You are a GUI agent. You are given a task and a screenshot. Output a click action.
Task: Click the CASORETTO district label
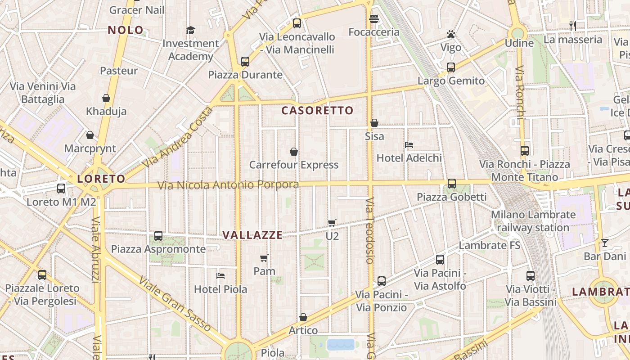tap(317, 111)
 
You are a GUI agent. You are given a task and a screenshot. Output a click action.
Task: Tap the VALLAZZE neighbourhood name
tap(252, 235)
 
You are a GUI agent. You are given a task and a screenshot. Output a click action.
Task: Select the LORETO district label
tap(101, 179)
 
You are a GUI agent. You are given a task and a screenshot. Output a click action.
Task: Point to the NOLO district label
tap(126, 31)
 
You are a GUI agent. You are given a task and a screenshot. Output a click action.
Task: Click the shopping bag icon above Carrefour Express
tap(294, 152)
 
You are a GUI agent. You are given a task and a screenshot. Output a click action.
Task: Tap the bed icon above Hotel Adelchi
tap(409, 145)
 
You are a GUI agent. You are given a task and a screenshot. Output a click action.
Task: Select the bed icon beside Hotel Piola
tap(220, 276)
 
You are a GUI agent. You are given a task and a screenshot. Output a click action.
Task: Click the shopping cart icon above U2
tap(332, 223)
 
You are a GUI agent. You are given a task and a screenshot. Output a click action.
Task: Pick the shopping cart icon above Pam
tap(264, 258)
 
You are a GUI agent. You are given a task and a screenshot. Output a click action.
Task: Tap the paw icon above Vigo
tap(450, 34)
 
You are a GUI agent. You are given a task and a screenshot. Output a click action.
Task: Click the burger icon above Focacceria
tap(373, 19)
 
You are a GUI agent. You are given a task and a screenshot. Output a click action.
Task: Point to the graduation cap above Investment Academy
tap(191, 30)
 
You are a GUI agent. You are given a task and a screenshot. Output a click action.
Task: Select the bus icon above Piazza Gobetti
tap(452, 184)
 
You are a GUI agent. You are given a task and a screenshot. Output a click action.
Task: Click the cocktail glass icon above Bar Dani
tap(604, 243)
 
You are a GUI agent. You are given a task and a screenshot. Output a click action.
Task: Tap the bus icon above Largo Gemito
tap(451, 67)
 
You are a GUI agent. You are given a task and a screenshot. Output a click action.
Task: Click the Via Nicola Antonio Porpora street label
tap(228, 185)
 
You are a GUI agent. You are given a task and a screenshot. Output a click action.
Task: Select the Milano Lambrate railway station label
tap(533, 221)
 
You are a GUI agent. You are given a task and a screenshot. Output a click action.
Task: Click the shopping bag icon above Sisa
tap(374, 123)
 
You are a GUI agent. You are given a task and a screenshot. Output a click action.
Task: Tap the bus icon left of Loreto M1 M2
tap(61, 189)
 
